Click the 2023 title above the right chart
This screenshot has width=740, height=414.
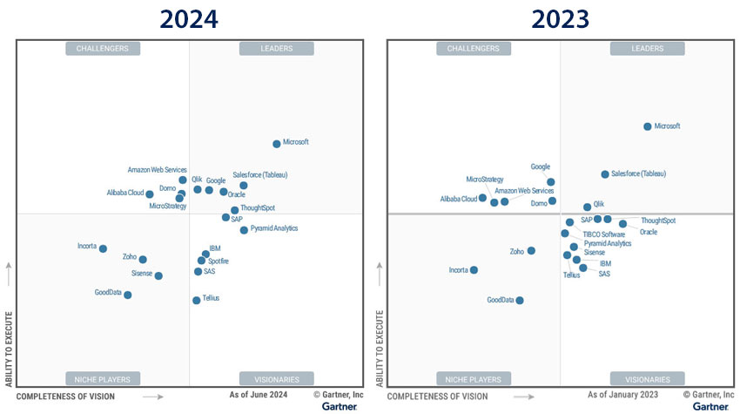click(x=560, y=19)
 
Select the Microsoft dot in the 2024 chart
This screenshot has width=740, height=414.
click(x=277, y=144)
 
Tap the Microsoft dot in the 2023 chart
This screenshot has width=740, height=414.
click(x=647, y=126)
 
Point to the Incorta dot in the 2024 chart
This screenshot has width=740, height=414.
click(x=103, y=248)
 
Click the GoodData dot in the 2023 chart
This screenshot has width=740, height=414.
click(x=520, y=301)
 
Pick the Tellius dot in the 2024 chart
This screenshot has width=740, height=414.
click(x=196, y=300)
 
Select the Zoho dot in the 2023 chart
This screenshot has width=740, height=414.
click(x=531, y=251)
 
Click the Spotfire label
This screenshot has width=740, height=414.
click(x=219, y=261)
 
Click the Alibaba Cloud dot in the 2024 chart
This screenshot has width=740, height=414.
click(x=150, y=194)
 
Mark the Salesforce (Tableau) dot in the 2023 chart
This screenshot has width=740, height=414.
click(x=605, y=174)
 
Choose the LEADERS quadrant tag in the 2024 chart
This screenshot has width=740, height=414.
click(x=276, y=49)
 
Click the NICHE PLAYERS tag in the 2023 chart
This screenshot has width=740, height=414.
click(x=473, y=379)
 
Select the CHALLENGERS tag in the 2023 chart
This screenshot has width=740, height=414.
click(x=473, y=49)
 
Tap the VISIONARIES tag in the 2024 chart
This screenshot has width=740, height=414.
click(x=276, y=379)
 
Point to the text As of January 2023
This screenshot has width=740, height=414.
click(x=622, y=396)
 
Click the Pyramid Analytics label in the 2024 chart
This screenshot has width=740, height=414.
click(x=273, y=228)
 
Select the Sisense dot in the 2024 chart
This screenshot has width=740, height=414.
click(x=158, y=275)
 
